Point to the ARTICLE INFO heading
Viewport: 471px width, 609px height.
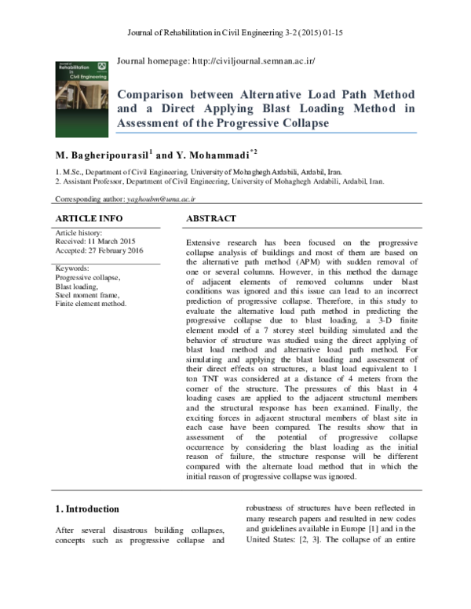click(x=86, y=217)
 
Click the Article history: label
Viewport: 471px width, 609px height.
click(x=79, y=233)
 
